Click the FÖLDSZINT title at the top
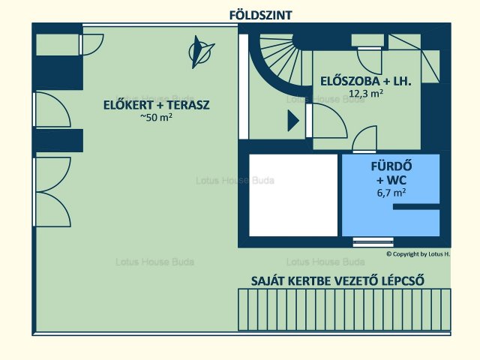click(261, 15)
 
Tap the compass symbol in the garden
click(200, 52)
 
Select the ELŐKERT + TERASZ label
click(157, 105)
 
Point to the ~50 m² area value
click(156, 117)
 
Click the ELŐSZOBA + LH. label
click(366, 82)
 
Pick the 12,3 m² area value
click(366, 93)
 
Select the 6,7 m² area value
click(391, 193)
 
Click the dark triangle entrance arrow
click(293, 121)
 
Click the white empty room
click(293, 195)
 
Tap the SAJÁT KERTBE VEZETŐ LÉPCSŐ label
click(337, 281)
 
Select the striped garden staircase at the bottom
click(344, 310)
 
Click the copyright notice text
click(418, 253)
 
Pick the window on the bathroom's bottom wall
click(373, 242)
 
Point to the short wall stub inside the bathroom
click(416, 207)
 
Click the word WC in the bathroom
click(391, 180)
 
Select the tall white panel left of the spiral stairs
click(243, 87)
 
